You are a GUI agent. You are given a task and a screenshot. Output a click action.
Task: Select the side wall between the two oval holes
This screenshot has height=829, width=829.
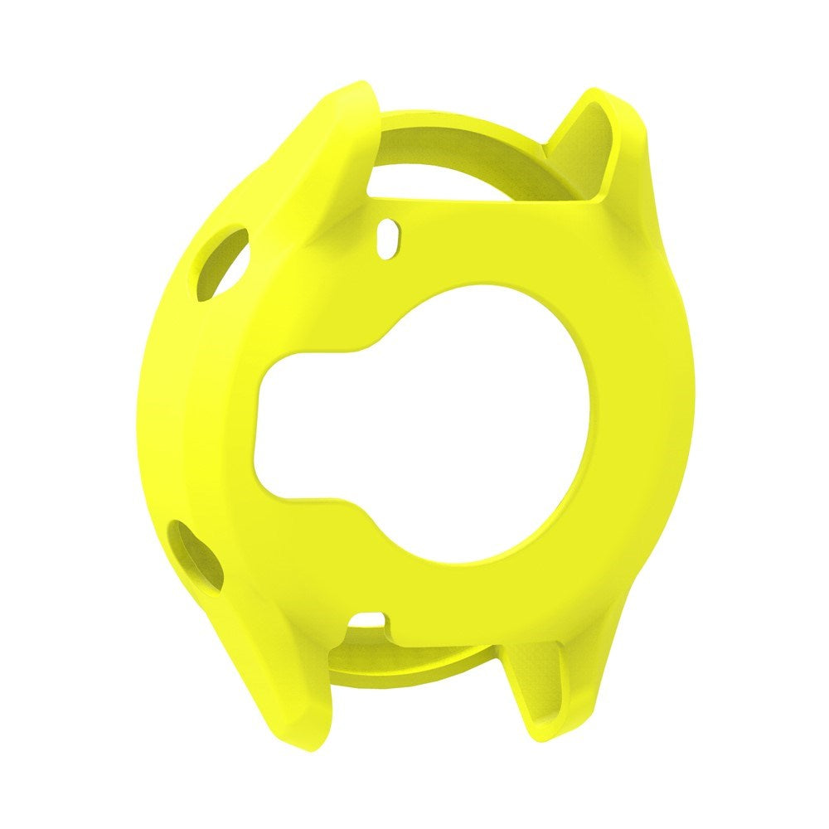(170, 406)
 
